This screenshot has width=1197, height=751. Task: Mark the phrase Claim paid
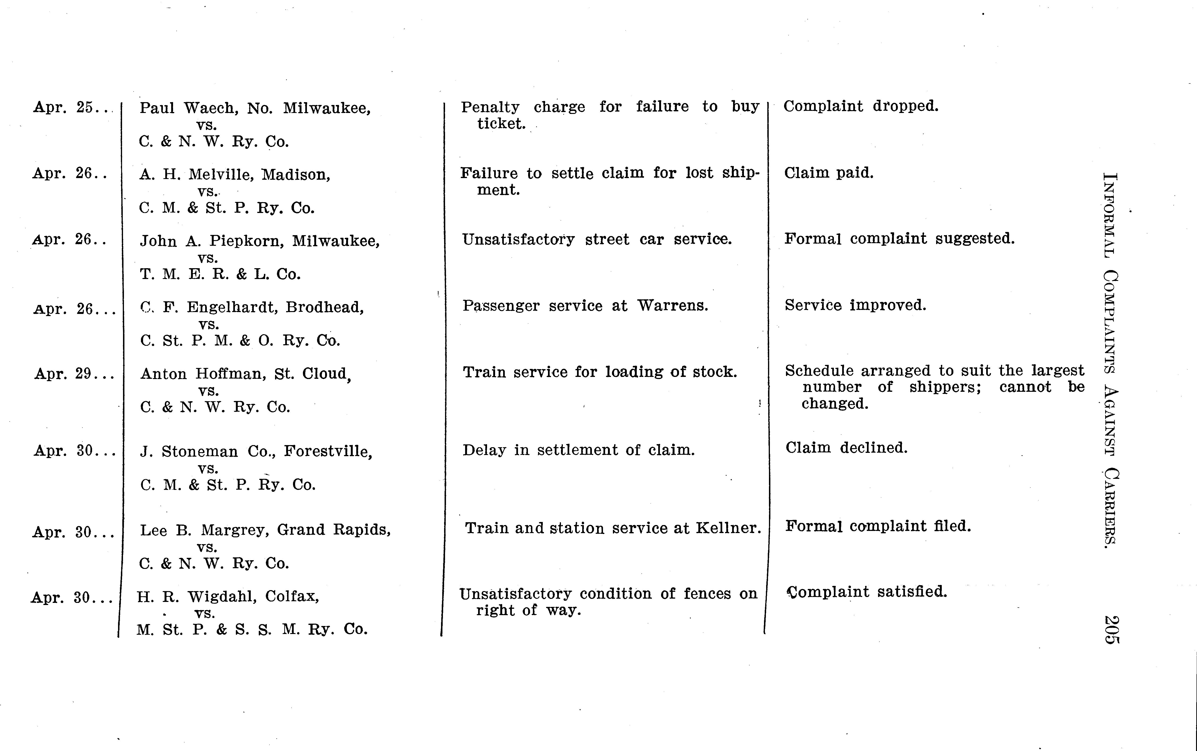[829, 173]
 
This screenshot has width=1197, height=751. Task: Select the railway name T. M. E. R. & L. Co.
[220, 274]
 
